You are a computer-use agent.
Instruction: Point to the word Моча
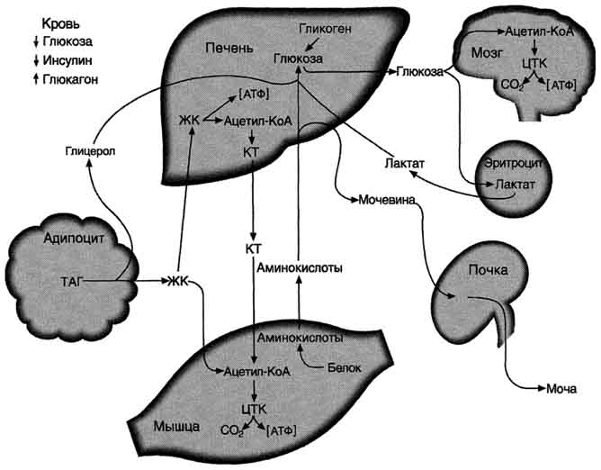(560, 389)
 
